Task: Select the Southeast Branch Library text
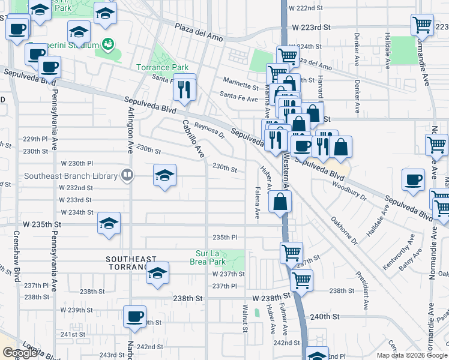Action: pos(71,176)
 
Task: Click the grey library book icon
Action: pos(127,175)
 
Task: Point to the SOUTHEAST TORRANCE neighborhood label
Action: pos(127,262)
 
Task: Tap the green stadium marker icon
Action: pos(107,44)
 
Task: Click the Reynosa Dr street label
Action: pos(208,131)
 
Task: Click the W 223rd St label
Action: pos(312,27)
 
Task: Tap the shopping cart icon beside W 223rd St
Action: pos(422,25)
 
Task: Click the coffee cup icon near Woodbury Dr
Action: pos(413,180)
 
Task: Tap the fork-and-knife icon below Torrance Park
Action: pos(185,89)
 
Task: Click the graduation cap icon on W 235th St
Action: pos(109,223)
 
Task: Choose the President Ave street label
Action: pos(364,291)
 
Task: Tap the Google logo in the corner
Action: pos(20,353)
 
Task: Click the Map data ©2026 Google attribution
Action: pos(412,355)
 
